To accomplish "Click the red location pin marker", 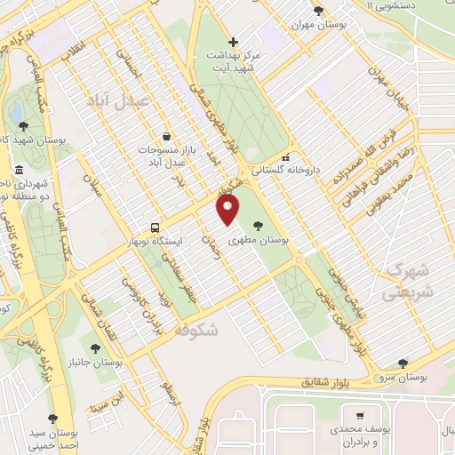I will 229,210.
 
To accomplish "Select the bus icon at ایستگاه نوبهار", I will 156,227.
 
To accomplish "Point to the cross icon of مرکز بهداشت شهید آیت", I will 233,42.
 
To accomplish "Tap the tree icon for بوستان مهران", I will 318,11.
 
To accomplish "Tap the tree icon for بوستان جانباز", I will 95,347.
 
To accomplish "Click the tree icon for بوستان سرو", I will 403,363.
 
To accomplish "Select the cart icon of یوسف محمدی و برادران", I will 359,415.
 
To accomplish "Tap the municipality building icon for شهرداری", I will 19,170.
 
